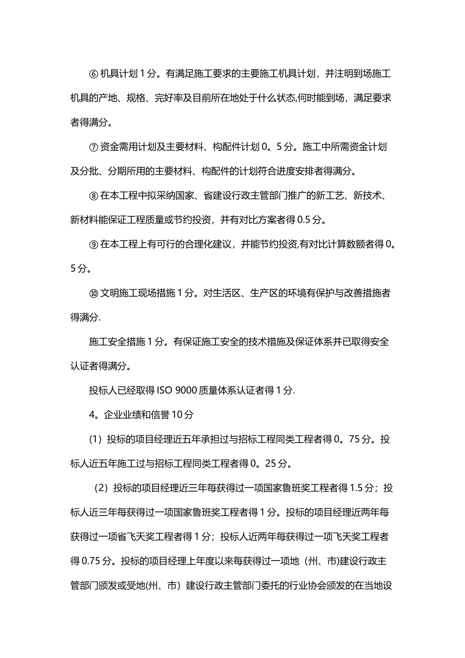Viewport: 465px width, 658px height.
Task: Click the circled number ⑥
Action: [x=94, y=74]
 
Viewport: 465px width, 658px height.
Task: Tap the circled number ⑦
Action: [x=94, y=147]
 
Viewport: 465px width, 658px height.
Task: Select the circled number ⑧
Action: [x=94, y=196]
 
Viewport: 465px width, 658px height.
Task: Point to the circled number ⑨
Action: [x=94, y=245]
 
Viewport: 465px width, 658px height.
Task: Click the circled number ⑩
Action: [x=94, y=293]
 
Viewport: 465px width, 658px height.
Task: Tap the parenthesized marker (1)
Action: [x=95, y=439]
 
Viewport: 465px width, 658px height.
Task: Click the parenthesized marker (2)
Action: [x=101, y=488]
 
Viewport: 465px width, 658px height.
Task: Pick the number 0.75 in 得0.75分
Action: [x=92, y=561]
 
